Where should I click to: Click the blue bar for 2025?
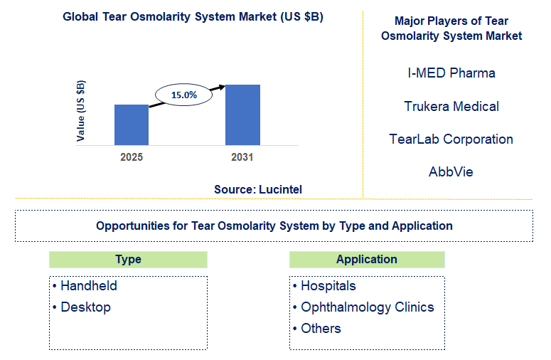point(132,125)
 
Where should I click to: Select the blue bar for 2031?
point(242,115)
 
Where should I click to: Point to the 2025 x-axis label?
point(132,157)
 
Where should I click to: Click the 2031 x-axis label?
point(242,157)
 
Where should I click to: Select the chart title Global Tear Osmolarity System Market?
point(193,17)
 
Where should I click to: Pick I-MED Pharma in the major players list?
point(451,73)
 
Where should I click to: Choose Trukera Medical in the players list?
point(451,107)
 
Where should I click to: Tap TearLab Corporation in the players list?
point(451,139)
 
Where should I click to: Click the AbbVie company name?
point(451,172)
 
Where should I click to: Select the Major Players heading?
point(451,28)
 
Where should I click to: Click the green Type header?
point(128,260)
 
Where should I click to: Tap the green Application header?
point(367,260)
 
